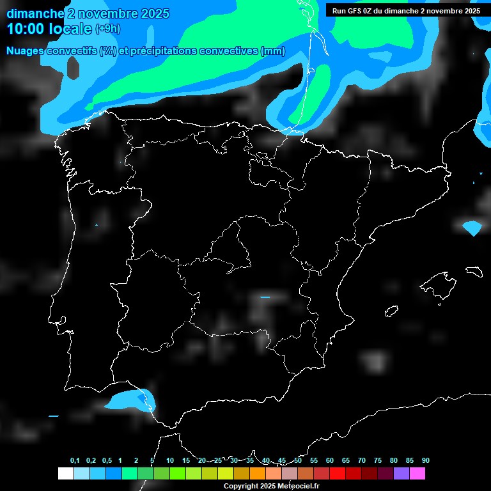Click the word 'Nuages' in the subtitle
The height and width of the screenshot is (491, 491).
(26, 51)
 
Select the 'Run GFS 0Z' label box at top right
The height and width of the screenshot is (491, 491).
(406, 10)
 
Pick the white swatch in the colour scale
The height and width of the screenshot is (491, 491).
(65, 473)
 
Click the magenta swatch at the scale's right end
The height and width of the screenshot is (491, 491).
(417, 473)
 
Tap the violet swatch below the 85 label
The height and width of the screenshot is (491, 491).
(401, 473)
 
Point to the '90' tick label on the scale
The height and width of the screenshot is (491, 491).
(425, 460)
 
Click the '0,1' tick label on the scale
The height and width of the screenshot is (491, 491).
(74, 460)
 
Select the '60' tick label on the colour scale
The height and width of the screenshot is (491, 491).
(330, 460)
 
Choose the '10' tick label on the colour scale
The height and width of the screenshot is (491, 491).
(170, 460)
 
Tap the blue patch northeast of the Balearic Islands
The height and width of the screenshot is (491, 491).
(472, 227)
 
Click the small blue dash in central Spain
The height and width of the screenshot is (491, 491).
(265, 297)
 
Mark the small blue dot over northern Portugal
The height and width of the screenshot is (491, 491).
(97, 225)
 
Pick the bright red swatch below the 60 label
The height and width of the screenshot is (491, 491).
(337, 473)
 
